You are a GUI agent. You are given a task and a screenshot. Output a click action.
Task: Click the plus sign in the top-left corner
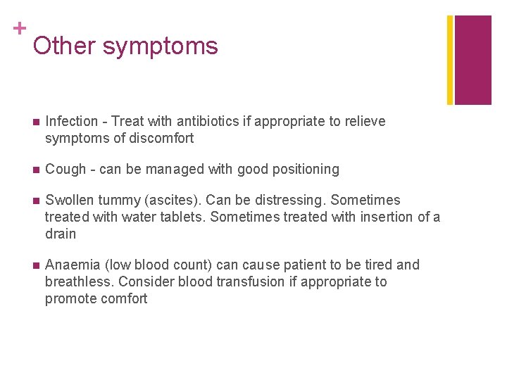[20, 28]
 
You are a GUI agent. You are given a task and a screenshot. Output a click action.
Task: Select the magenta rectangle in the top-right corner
[472, 60]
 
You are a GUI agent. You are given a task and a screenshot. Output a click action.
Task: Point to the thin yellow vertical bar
[450, 60]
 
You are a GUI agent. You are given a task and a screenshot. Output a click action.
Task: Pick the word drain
[61, 234]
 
